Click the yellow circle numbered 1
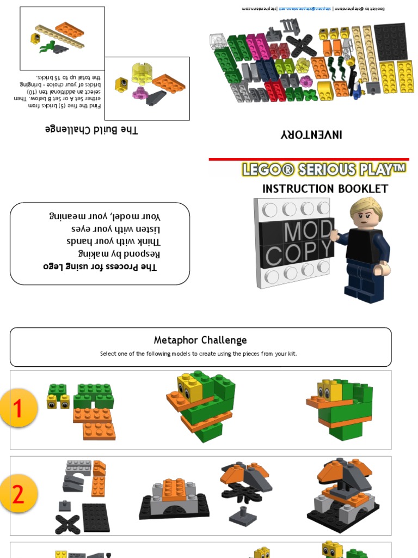[19, 408]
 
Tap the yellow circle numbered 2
[19, 495]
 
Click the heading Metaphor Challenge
[200, 340]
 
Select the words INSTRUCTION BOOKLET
[325, 189]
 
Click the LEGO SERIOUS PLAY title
[324, 169]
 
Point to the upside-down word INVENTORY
[311, 134]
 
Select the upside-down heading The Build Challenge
[91, 130]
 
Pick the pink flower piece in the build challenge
[140, 93]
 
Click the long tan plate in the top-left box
[60, 37]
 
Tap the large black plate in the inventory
[390, 42]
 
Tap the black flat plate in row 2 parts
[96, 517]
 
